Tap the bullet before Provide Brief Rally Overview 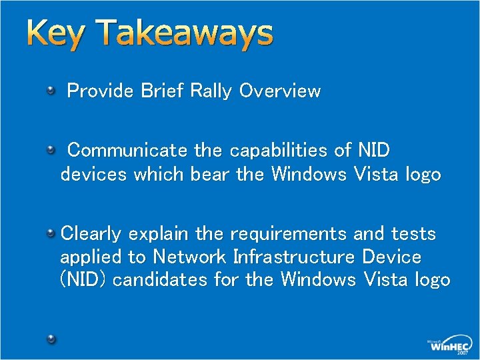pos(51,90)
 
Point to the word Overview pos(280,91)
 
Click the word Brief pos(163,91)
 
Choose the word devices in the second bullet pos(94,175)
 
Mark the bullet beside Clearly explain pos(51,232)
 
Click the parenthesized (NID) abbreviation pos(84,280)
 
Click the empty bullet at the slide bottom pos(51,339)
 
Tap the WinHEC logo pos(450,345)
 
